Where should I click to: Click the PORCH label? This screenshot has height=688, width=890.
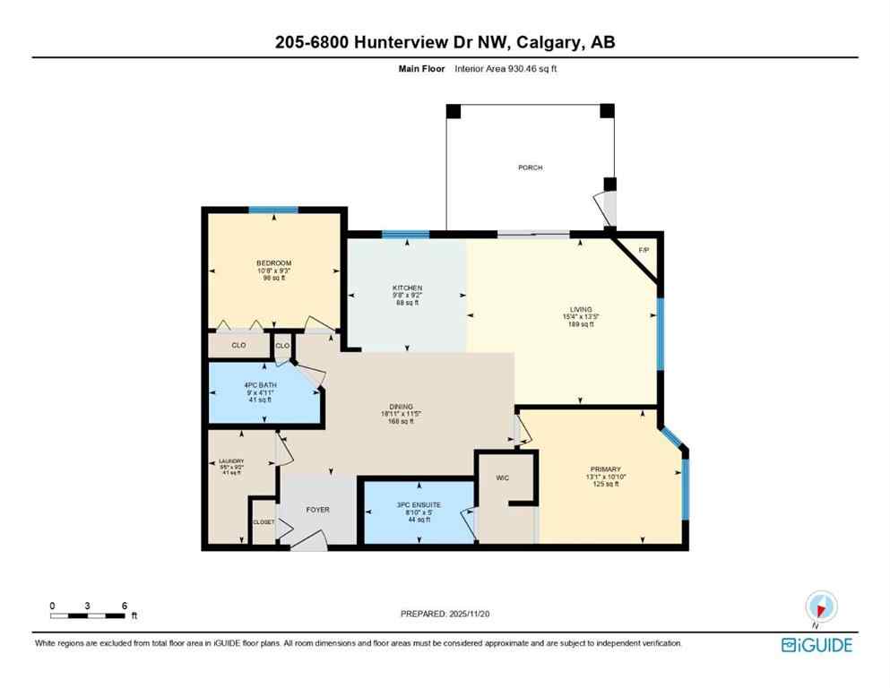coord(530,168)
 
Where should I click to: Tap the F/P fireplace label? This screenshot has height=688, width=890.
coord(643,250)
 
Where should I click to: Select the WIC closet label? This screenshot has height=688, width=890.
coord(502,478)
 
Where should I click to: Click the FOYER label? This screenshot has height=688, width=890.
coord(318,510)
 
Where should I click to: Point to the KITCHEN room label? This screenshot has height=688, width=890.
coord(407,288)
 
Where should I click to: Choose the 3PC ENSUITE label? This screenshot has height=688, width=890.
coord(418,504)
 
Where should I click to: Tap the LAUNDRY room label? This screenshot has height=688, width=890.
coord(231,461)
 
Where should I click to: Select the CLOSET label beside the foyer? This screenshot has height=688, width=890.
coord(263,521)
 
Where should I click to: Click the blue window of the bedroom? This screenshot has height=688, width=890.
coord(273,210)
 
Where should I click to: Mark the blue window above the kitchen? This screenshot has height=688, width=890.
coord(405,235)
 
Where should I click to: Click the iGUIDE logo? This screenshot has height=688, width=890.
coord(817,645)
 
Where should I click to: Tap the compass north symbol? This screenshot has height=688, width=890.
coord(821,606)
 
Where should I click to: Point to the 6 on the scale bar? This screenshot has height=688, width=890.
coord(122,606)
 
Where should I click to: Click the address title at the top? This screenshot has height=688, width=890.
coord(445,42)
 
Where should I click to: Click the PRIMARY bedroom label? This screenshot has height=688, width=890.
coord(605,469)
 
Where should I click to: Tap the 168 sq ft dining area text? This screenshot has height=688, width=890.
coord(407,421)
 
